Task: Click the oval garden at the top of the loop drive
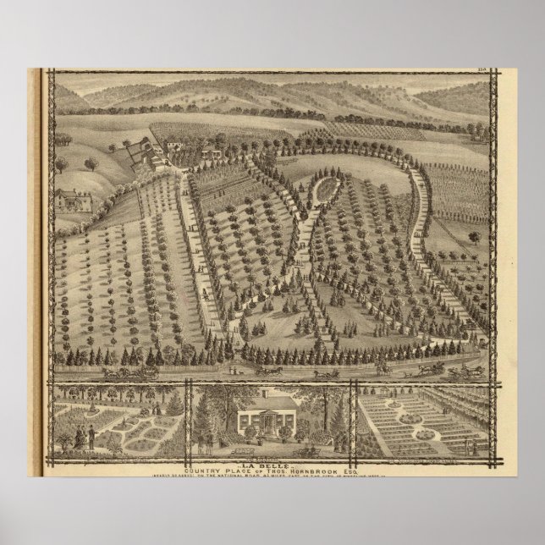[322, 190]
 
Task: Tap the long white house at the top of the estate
[210, 151]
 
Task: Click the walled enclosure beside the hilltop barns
[135, 155]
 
